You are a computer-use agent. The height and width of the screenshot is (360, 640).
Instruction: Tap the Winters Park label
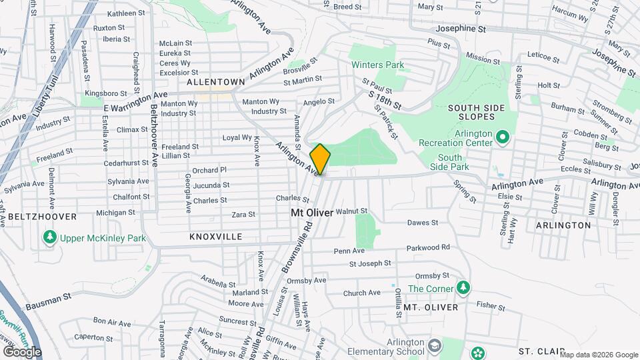click(x=379, y=65)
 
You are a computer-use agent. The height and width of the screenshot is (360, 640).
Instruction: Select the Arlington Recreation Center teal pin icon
click(x=503, y=139)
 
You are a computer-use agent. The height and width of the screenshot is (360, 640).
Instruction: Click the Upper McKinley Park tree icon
click(x=49, y=237)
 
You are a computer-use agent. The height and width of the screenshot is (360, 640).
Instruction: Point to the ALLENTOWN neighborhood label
click(x=215, y=82)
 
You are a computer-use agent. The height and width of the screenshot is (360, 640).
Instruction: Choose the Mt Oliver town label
click(x=311, y=213)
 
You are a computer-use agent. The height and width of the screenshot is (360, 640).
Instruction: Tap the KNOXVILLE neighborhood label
click(x=215, y=237)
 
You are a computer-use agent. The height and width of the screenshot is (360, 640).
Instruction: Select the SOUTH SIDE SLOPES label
click(x=476, y=113)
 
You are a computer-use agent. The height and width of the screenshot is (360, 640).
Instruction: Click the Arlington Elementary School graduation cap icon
click(x=435, y=345)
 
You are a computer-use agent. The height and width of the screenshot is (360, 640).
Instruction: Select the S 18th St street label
click(x=385, y=101)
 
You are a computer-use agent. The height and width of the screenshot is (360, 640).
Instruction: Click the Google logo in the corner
click(x=21, y=352)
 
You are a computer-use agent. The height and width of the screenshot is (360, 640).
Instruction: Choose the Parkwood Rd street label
click(x=427, y=247)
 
